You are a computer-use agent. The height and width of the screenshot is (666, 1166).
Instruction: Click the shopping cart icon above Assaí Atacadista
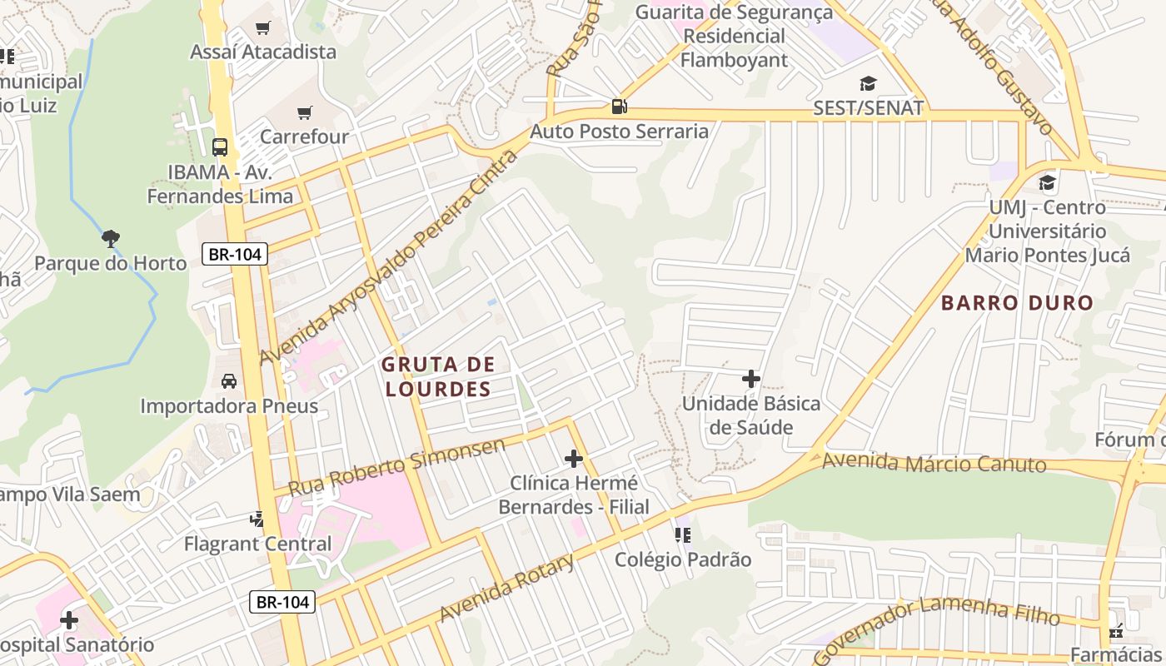pos(263,28)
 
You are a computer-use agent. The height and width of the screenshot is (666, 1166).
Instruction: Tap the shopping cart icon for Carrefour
pos(305,112)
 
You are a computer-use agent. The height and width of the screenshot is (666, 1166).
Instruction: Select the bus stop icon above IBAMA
pos(220,147)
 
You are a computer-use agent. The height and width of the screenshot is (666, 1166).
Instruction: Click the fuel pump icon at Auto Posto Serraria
pos(619,107)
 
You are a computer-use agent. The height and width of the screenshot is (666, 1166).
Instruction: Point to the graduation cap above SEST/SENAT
pos(869,83)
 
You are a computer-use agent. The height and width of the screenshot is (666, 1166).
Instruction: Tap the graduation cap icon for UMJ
pos(1047,182)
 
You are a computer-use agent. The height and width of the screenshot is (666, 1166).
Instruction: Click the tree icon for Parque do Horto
pos(111,240)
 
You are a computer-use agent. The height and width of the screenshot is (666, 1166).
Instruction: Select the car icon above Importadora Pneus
pos(228,381)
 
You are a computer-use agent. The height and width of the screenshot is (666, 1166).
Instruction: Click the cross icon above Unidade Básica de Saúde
pos(751,379)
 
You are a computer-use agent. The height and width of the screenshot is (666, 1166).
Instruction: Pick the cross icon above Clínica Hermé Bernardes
pos(574,458)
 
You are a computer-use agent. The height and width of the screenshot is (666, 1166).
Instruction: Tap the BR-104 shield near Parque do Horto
pos(235,255)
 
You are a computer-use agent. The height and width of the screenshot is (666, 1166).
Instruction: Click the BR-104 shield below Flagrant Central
pos(283,602)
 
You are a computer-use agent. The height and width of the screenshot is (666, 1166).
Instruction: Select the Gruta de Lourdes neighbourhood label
pos(439,376)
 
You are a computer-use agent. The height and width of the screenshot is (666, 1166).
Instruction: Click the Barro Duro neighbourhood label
pos(1017,303)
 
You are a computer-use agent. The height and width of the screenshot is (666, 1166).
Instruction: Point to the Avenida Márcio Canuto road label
pos(934,463)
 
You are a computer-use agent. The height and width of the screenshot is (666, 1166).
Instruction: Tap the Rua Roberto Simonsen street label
pos(396,467)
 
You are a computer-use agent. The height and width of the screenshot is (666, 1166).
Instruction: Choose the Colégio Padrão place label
pos(683,560)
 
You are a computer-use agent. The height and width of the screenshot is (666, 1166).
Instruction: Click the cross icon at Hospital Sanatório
pos(69,620)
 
